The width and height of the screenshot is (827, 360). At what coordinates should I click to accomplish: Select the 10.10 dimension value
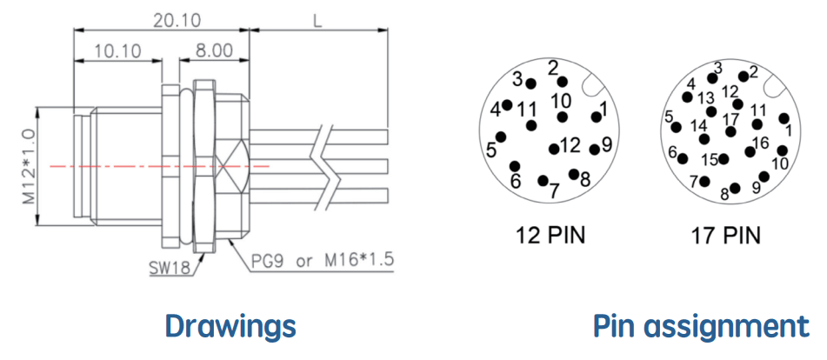click(x=118, y=51)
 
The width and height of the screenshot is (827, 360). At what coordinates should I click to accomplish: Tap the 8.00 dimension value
click(x=214, y=51)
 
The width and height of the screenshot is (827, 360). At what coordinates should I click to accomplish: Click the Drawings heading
click(x=230, y=326)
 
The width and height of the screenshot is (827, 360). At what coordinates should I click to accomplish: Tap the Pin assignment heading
click(x=702, y=326)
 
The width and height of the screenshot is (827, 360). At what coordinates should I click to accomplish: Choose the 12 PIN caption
click(x=550, y=236)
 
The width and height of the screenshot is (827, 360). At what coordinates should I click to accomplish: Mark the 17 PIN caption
click(x=726, y=236)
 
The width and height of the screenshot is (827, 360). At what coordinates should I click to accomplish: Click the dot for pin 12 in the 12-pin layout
click(x=554, y=150)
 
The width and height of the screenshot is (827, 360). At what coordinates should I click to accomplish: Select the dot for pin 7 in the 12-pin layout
click(x=542, y=181)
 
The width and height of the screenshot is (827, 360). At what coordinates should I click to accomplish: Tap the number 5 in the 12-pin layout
click(x=491, y=150)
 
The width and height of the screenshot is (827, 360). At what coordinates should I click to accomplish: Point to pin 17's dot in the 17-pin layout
click(x=730, y=131)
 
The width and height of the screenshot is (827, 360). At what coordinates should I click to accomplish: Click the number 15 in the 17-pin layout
click(x=710, y=160)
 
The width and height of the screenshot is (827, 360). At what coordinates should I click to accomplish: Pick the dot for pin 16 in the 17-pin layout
click(x=750, y=152)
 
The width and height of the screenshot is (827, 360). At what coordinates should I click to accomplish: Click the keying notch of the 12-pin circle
click(x=591, y=87)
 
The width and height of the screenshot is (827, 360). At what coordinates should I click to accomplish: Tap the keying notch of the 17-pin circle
click(x=773, y=87)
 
